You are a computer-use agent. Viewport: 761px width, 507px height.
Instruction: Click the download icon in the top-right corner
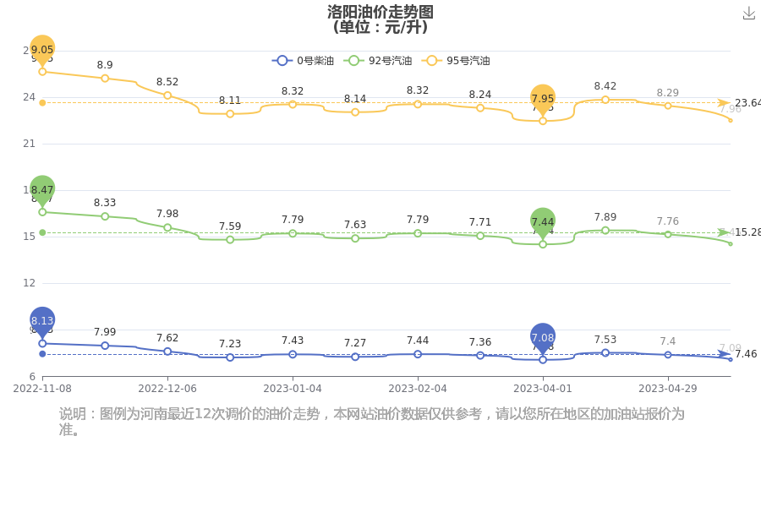pyautogui.click(x=748, y=14)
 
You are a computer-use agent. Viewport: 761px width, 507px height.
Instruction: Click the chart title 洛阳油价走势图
pyautogui.click(x=380, y=12)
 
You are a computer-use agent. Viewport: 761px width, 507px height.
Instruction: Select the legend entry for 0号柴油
pyautogui.click(x=304, y=61)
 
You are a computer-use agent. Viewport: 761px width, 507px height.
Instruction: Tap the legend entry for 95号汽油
pyautogui.click(x=457, y=61)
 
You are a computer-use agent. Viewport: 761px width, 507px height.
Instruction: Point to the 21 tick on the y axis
pyautogui.click(x=29, y=144)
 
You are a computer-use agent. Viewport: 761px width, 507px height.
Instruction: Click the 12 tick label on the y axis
pyautogui.click(x=29, y=283)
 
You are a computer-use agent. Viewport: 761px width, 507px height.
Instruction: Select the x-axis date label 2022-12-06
pyautogui.click(x=167, y=389)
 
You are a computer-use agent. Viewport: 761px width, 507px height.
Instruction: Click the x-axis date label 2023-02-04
pyautogui.click(x=417, y=389)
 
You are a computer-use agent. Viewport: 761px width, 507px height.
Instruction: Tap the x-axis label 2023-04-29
pyautogui.click(x=667, y=389)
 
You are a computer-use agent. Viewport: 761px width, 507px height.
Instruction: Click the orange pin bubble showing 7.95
pyautogui.click(x=543, y=99)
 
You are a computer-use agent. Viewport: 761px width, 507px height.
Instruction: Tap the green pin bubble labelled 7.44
pyautogui.click(x=543, y=221)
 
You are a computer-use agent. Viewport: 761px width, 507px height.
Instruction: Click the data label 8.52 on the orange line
pyautogui.click(x=167, y=82)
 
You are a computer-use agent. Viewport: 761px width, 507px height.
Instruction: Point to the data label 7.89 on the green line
pyautogui.click(x=605, y=217)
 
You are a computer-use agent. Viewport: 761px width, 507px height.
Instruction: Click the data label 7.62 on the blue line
pyautogui.click(x=167, y=338)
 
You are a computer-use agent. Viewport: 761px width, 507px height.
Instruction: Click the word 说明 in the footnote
pyautogui.click(x=74, y=414)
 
